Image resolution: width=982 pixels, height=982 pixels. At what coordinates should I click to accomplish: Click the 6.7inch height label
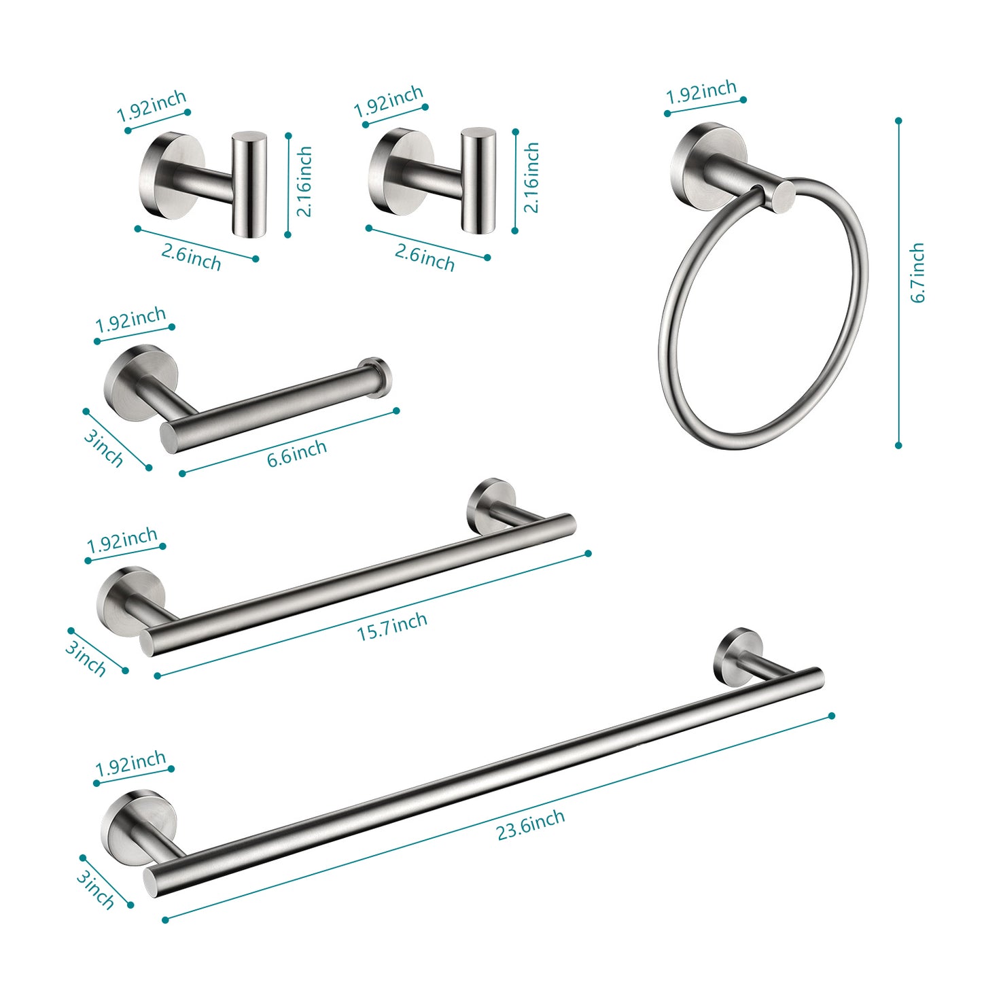tap(917, 273)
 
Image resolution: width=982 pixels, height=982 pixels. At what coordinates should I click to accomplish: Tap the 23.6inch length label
tap(531, 824)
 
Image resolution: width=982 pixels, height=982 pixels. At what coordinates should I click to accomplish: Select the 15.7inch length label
tap(392, 626)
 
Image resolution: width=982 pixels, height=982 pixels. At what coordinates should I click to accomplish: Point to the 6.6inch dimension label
tap(297, 453)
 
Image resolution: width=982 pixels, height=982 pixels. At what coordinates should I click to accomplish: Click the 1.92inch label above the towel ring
tap(701, 92)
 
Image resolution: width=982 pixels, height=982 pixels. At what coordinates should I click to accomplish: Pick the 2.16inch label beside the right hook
tap(531, 177)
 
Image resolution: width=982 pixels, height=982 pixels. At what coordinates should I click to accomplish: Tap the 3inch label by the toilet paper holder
tap(104, 448)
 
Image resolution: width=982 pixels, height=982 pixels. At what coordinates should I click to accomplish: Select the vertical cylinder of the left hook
tap(249, 184)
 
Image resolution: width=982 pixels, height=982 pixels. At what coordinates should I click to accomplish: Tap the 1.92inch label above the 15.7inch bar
tap(122, 542)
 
